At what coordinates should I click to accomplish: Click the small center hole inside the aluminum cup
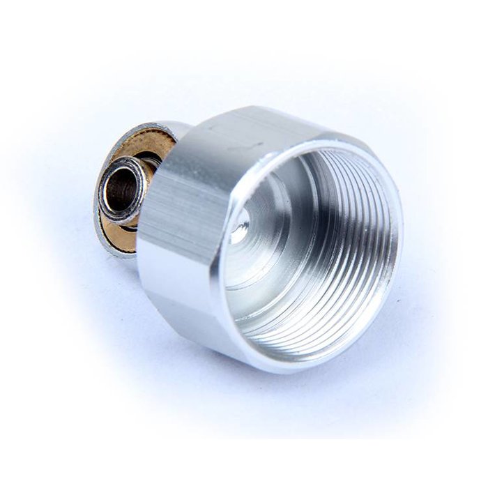(239, 231)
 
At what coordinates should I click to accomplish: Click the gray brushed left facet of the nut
(174, 202)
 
